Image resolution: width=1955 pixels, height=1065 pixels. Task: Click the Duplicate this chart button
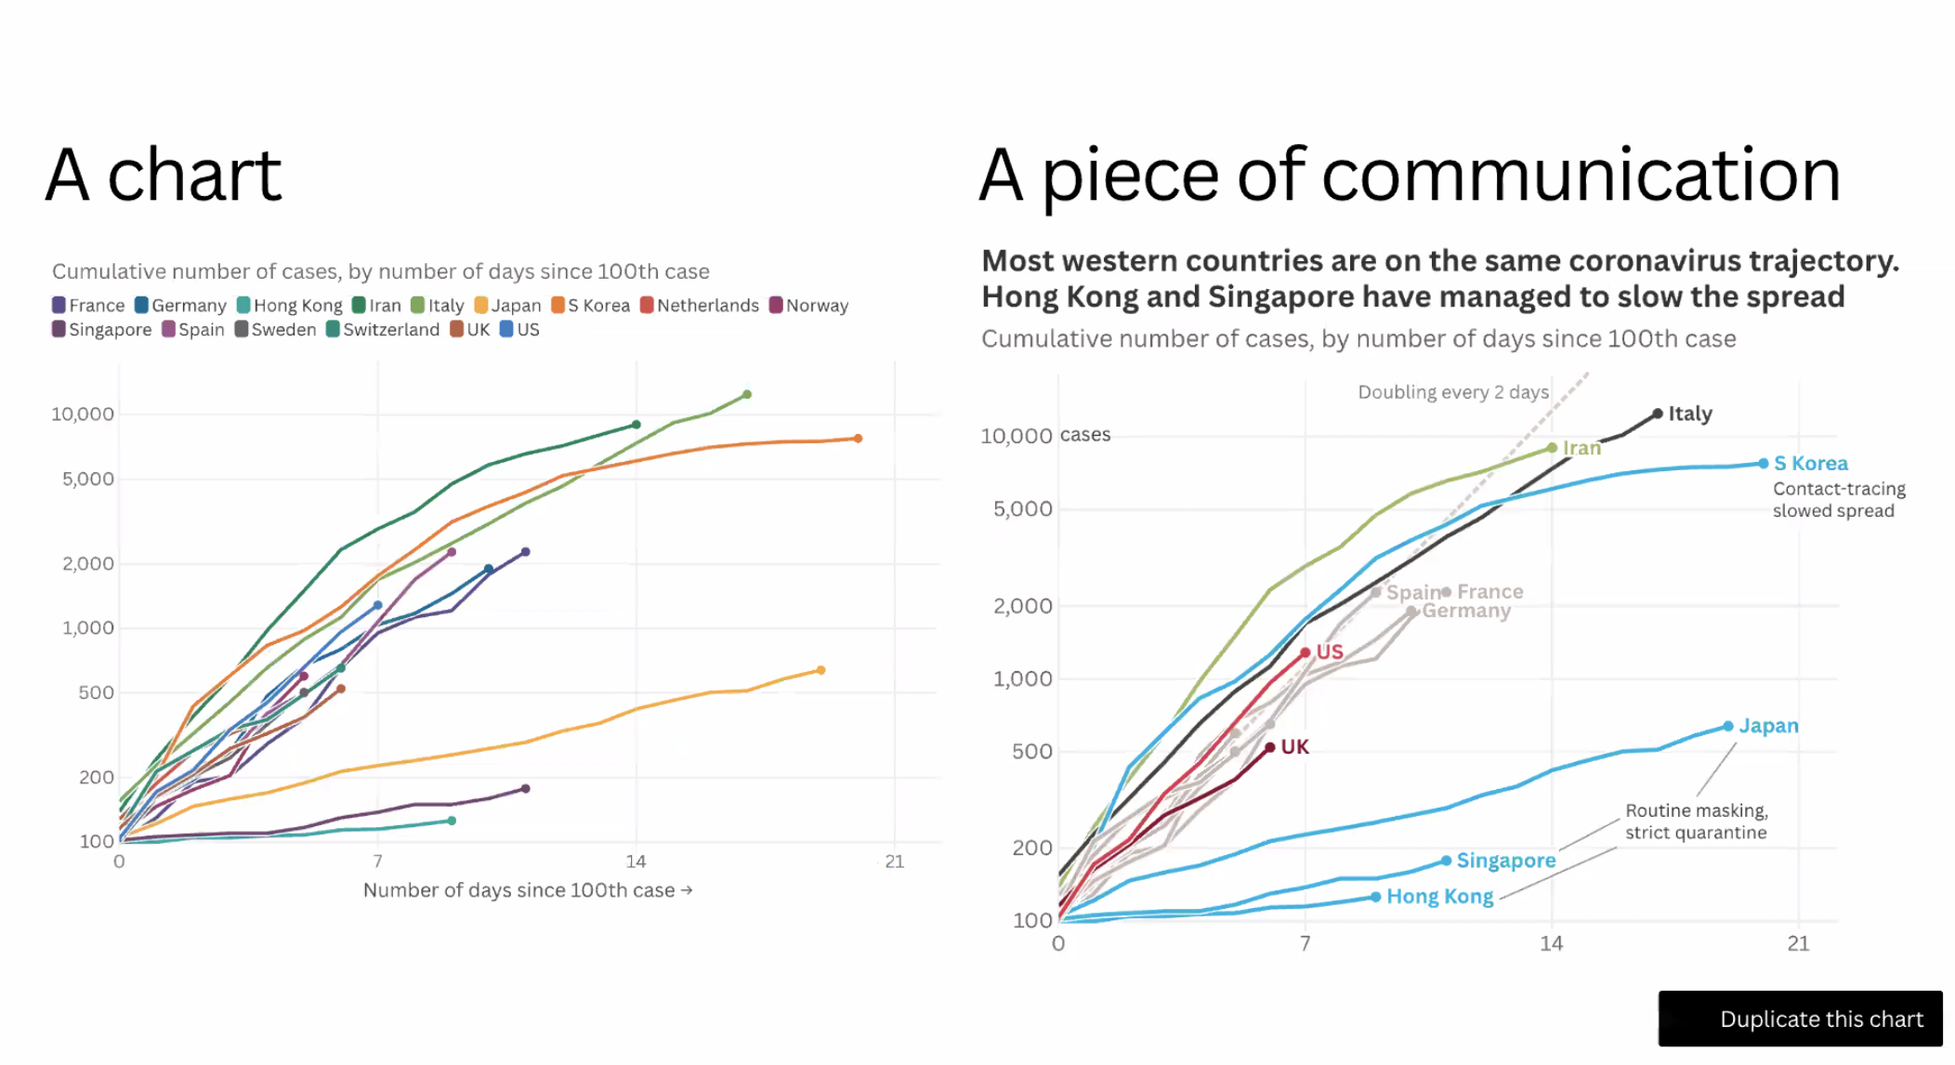(1800, 1019)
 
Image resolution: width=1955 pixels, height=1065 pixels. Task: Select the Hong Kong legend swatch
(243, 305)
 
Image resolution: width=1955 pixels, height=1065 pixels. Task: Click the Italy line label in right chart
(1689, 414)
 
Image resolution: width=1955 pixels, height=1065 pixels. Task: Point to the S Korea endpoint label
(1810, 463)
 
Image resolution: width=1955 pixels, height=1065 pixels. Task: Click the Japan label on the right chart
(1768, 726)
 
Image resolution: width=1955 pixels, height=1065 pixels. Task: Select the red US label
(1329, 652)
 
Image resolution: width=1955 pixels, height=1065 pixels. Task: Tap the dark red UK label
(1294, 747)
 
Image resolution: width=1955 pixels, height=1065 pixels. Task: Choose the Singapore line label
(1505, 861)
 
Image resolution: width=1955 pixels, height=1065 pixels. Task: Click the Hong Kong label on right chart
(1439, 897)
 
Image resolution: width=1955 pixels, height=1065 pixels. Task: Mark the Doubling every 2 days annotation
(1453, 392)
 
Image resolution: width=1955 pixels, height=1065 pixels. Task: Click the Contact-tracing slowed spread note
(1838, 500)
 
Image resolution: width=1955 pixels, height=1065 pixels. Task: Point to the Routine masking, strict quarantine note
(1696, 822)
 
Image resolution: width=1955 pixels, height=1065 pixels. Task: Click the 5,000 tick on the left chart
(88, 480)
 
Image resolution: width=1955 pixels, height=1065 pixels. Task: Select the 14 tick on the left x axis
(636, 861)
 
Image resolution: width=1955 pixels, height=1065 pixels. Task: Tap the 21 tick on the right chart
(1798, 944)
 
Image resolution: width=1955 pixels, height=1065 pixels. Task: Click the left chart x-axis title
(527, 890)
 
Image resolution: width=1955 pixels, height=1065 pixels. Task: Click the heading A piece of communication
(1409, 176)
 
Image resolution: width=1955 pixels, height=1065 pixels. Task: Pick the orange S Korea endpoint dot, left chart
(858, 439)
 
